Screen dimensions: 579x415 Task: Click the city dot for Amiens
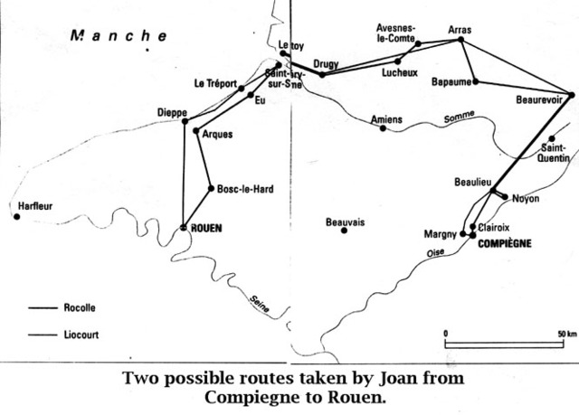point(383,128)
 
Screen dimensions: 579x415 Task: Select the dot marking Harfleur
point(17,216)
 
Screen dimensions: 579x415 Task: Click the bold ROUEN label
point(207,228)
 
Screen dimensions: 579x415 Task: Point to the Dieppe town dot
point(185,121)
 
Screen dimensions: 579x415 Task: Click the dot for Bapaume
point(476,82)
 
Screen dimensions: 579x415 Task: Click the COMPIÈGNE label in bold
point(505,243)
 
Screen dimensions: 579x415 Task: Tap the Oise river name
point(436,256)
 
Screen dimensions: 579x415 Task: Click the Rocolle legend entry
point(81,308)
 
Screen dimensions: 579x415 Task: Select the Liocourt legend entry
point(82,335)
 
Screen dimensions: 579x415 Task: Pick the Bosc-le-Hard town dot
point(211,189)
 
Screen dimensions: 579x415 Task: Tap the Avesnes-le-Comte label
point(394,33)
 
